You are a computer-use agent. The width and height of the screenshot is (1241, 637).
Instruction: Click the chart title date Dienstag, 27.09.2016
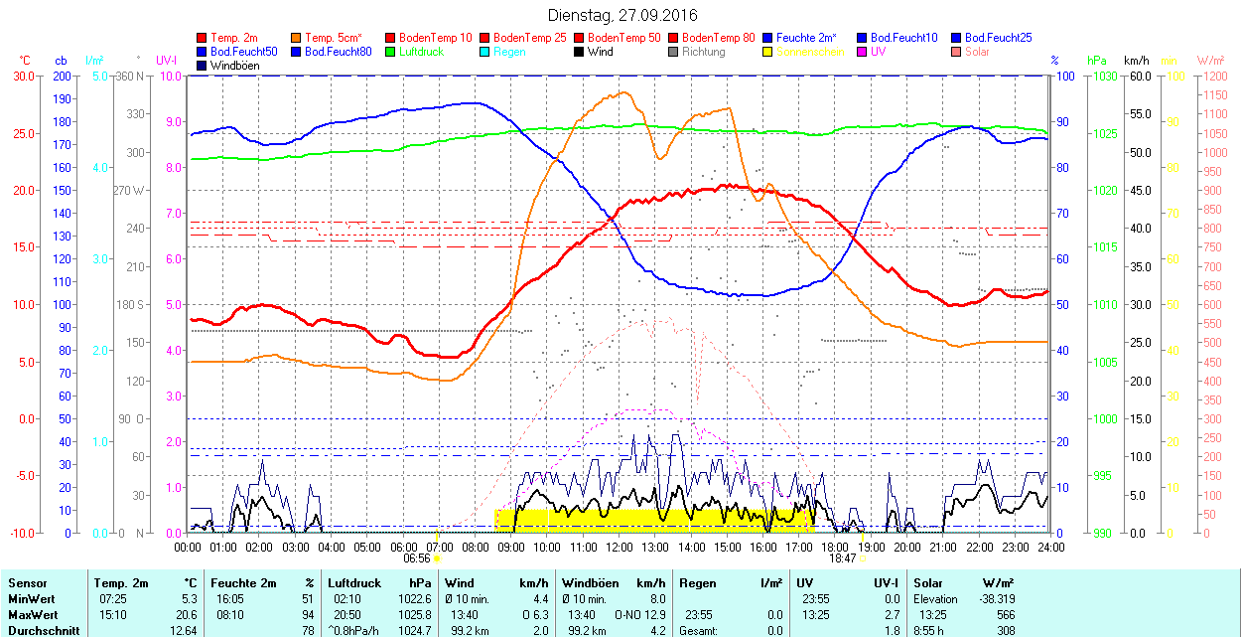tap(622, 15)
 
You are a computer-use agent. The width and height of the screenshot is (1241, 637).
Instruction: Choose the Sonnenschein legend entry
tap(809, 52)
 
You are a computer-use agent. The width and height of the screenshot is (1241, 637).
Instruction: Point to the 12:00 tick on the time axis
tap(620, 546)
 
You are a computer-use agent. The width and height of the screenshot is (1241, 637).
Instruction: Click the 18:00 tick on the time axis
tap(835, 546)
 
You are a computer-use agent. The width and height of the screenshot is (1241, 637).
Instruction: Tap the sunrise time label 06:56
tap(416, 558)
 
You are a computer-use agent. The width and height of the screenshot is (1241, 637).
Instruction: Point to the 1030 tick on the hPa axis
tap(1101, 76)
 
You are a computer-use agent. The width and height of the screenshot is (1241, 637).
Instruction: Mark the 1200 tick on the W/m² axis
tap(1212, 76)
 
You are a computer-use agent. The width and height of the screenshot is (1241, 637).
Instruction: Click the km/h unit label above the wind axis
tap(1137, 61)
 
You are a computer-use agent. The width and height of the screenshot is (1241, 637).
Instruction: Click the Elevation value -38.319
tap(997, 599)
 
